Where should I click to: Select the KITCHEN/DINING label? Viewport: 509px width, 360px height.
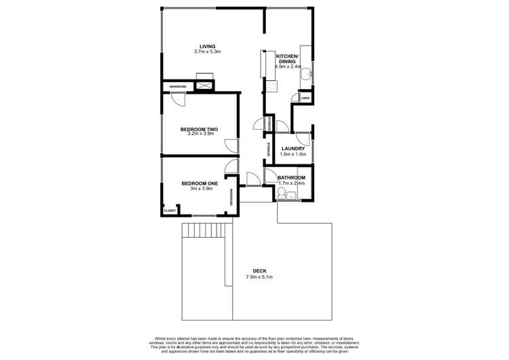tap(286, 58)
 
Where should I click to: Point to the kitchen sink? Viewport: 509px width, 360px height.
tap(307, 73)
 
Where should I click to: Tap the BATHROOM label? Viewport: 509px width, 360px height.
tap(292, 178)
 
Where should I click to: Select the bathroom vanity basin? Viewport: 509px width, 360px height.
tap(290, 196)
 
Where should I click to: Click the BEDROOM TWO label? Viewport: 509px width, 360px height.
tap(199, 129)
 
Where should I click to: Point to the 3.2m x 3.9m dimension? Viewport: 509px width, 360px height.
tap(199, 134)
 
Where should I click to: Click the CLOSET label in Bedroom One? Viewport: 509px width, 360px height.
tap(170, 211)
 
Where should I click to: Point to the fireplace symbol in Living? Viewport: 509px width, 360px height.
tap(203, 86)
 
